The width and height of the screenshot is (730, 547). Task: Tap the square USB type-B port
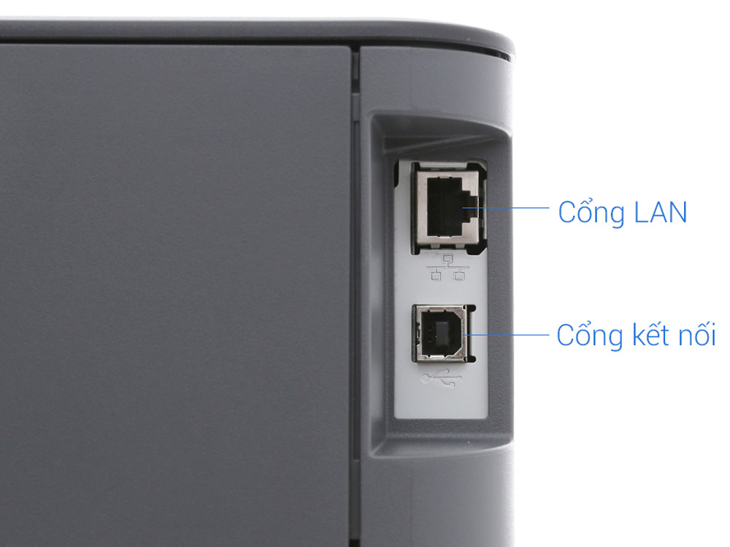coord(442,334)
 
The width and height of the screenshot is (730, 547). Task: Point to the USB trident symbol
coord(442,378)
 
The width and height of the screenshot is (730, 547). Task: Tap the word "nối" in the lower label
coord(695,335)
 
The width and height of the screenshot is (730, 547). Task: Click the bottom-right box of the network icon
coord(460,275)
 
